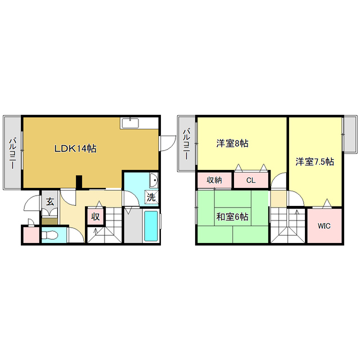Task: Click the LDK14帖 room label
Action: tap(75, 149)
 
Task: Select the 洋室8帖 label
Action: tap(232, 144)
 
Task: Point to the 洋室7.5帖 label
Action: tap(315, 162)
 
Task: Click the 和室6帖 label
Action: tap(232, 216)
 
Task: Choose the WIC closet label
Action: tap(324, 226)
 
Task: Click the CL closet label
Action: tap(250, 180)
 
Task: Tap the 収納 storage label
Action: tap(214, 180)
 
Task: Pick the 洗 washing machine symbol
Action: tap(151, 197)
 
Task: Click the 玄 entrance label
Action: tap(49, 201)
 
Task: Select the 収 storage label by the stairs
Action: tap(96, 217)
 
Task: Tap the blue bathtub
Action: tap(151, 227)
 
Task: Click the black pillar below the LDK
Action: tap(79, 182)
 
